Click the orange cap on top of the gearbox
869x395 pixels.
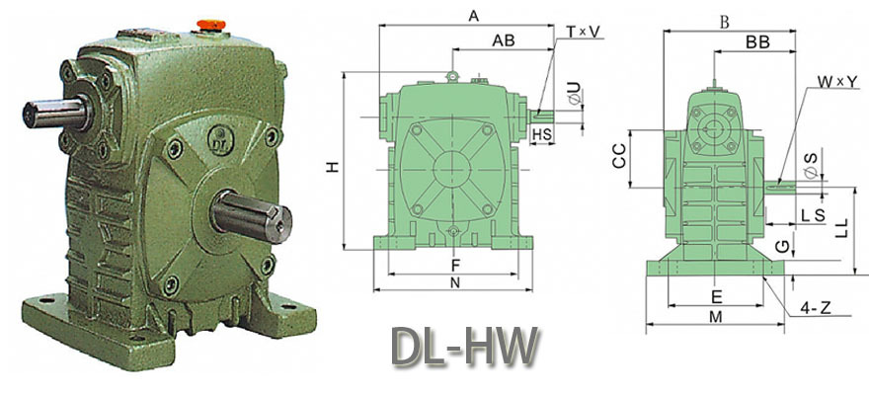(x=211, y=26)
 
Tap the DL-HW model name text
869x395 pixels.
(x=464, y=348)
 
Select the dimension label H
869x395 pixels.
(x=332, y=166)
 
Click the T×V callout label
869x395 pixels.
(x=583, y=33)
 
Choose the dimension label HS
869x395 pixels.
(x=541, y=133)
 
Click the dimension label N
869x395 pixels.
(x=455, y=282)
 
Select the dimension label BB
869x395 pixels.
(x=757, y=42)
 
